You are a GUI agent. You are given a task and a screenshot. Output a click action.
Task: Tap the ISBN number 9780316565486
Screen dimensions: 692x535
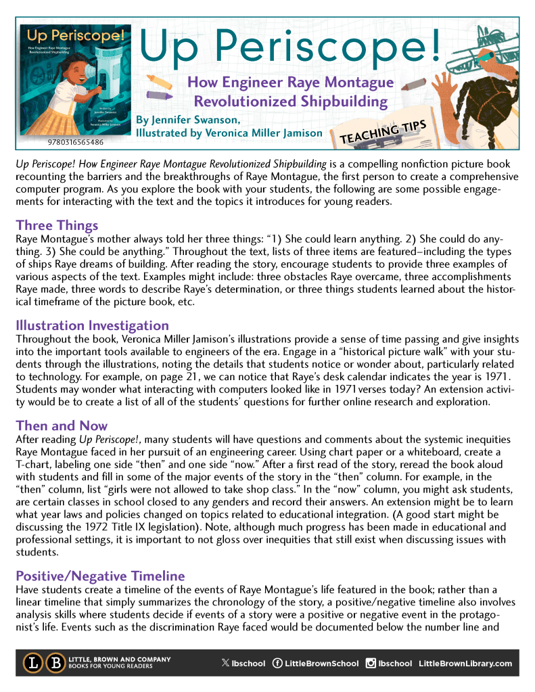[76, 143]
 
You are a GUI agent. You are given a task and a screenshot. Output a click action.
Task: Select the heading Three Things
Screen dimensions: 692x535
[57, 225]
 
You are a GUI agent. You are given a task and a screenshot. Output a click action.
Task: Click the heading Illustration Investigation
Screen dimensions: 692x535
[92, 325]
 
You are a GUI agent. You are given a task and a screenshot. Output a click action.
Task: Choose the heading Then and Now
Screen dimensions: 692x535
[62, 425]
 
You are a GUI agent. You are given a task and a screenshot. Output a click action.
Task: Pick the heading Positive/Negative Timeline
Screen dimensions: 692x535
[100, 576]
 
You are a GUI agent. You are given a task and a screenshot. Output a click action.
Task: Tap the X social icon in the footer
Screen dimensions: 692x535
[225, 663]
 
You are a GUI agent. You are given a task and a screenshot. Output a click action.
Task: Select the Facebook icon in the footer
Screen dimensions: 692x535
[277, 663]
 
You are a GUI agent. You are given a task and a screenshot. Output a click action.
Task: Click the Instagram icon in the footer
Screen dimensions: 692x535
[371, 663]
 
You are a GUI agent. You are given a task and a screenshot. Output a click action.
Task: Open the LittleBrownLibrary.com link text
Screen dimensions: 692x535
[465, 663]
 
